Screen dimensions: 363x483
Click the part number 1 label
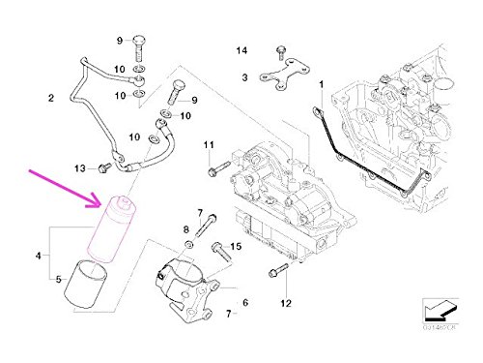click(323, 86)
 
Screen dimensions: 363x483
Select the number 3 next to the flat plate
click(245, 76)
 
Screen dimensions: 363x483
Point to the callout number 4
click(39, 257)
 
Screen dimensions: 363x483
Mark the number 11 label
click(208, 145)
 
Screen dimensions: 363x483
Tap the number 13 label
click(82, 166)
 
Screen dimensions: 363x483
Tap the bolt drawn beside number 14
click(279, 51)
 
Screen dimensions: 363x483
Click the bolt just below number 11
click(211, 170)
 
